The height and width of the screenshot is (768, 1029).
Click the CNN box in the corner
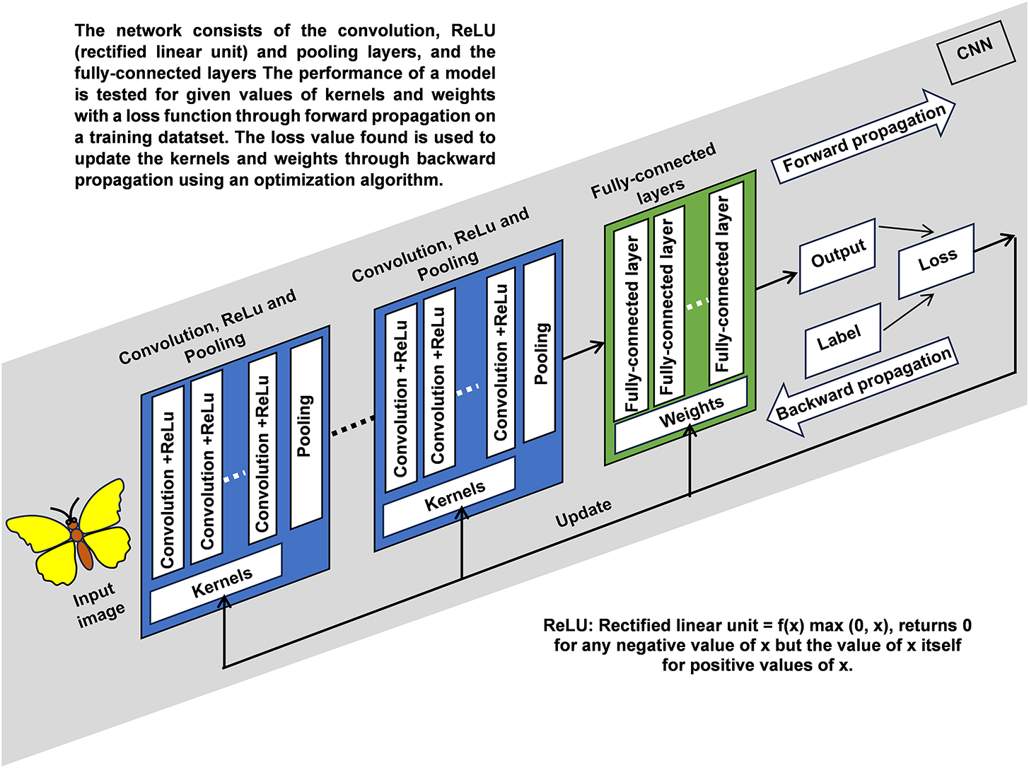point(974,52)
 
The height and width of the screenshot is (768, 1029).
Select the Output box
point(838,255)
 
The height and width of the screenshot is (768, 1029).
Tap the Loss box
point(937,261)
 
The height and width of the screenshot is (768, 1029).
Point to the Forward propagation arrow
point(864,137)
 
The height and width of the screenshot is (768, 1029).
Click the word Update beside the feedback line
point(583,513)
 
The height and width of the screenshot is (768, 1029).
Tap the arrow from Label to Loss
point(908,312)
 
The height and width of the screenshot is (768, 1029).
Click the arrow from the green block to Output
point(777,279)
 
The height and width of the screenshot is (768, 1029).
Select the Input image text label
point(99,605)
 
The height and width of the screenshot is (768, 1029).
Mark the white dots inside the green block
point(697,303)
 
